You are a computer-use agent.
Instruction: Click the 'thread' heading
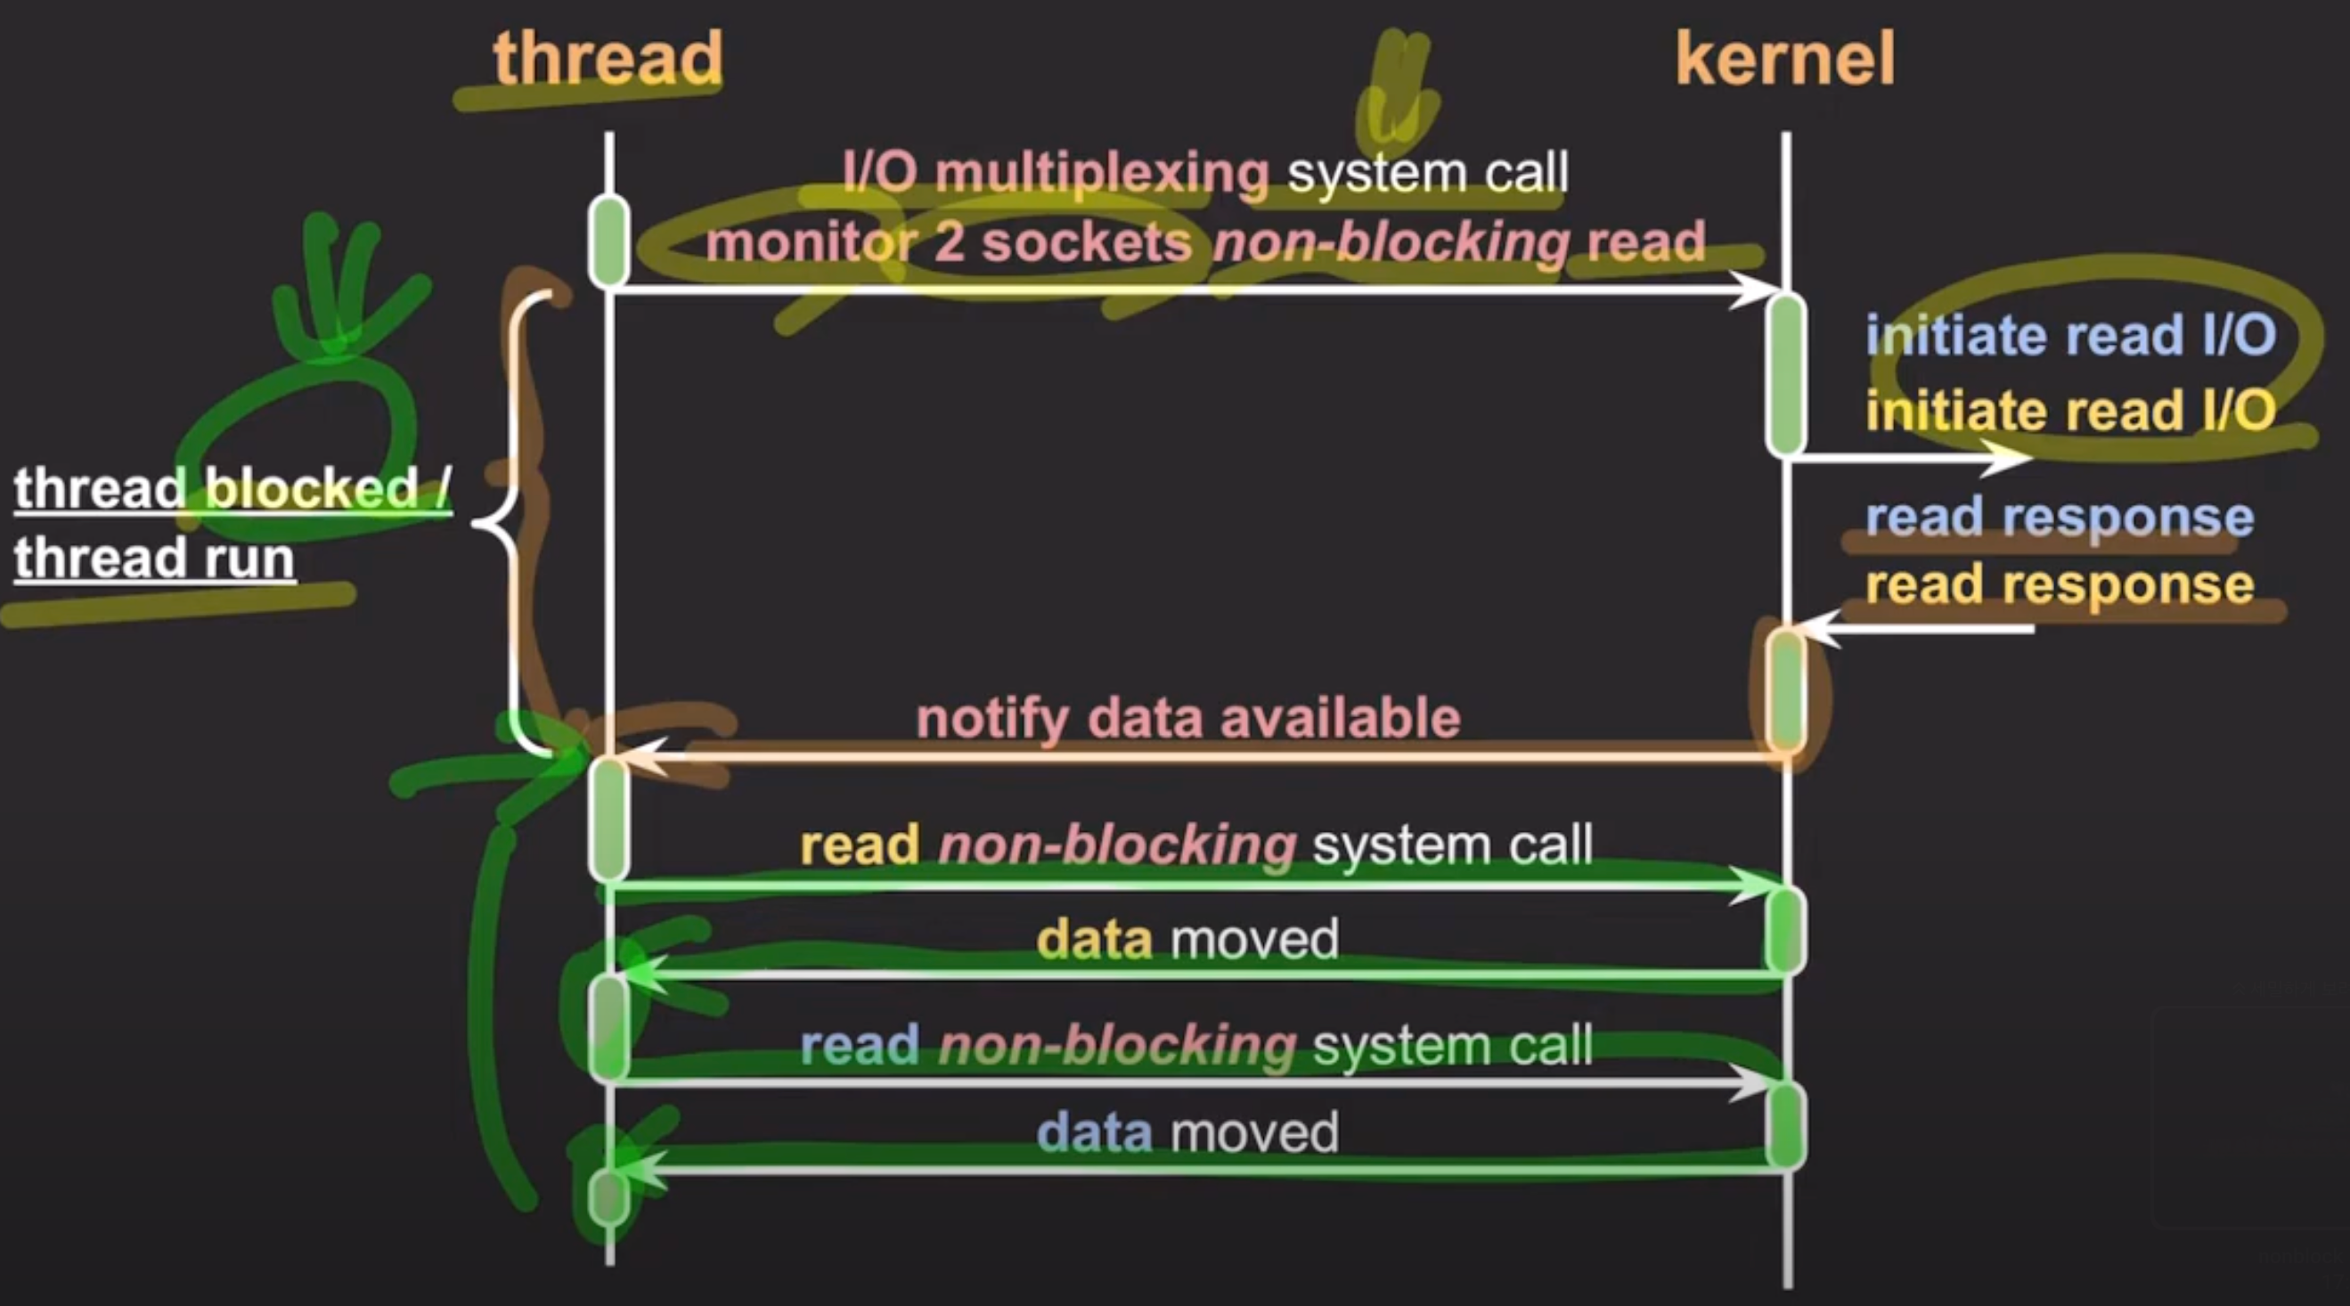tap(608, 59)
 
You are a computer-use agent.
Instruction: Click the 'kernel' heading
tap(1785, 59)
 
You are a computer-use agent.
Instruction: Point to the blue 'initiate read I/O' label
tap(2070, 336)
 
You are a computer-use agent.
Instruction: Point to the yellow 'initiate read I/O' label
tap(2070, 411)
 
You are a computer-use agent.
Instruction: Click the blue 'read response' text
tap(2059, 517)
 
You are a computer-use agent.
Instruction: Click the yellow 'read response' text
tap(2059, 584)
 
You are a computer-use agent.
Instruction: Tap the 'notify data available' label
tap(1187, 719)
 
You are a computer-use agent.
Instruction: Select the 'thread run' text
tap(154, 559)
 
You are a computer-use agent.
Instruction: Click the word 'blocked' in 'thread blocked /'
tap(310, 489)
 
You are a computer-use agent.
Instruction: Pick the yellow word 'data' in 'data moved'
tap(1094, 939)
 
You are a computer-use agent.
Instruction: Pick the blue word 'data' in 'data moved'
tap(1094, 1132)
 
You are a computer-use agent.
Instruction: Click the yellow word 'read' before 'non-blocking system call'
tap(860, 845)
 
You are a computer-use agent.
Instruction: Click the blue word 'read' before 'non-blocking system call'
tap(860, 1045)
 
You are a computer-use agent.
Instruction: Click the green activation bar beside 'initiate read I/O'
tap(1785, 374)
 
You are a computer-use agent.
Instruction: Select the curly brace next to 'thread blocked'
tap(510, 524)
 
